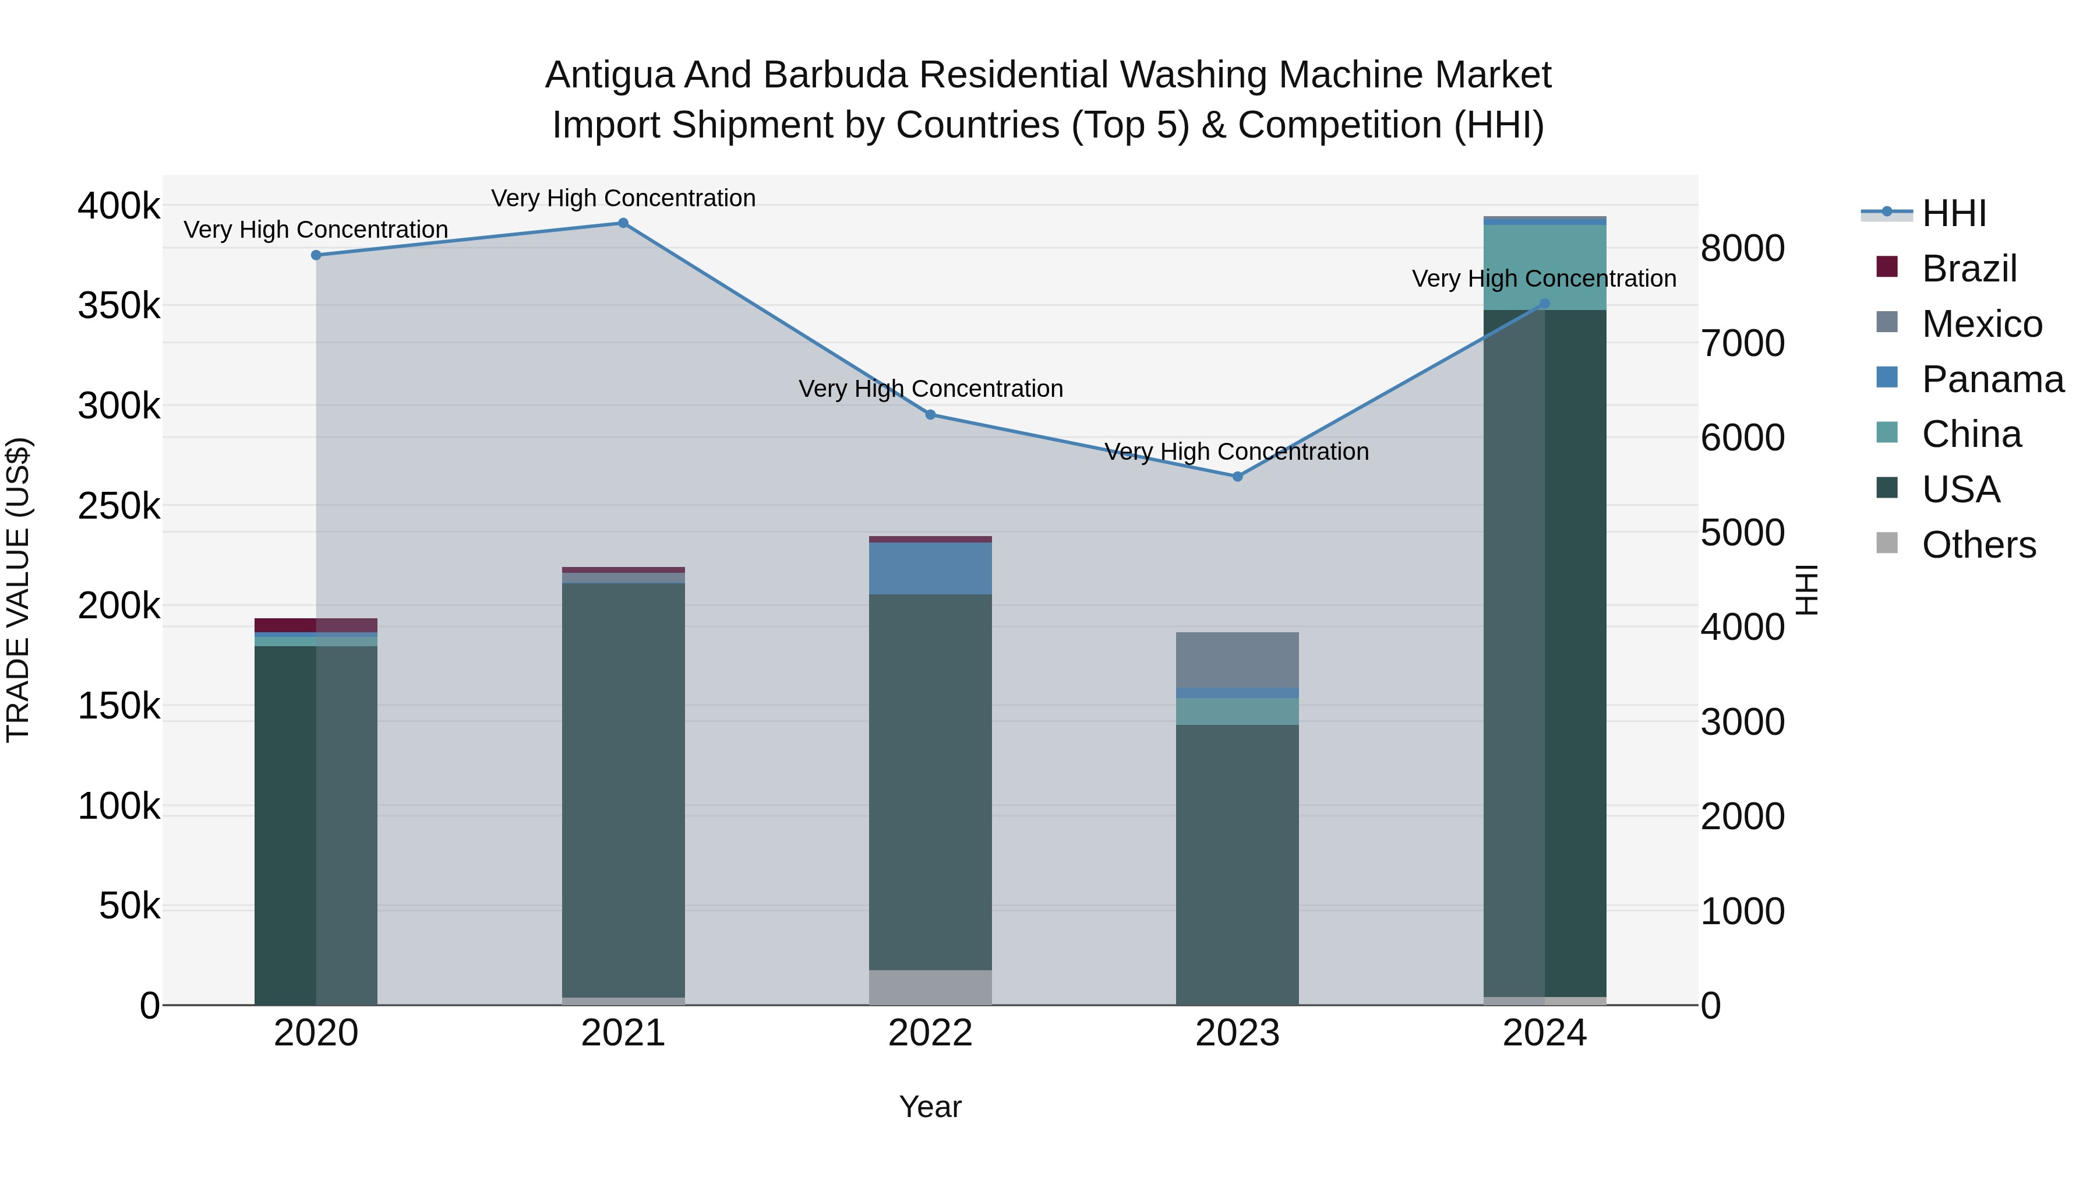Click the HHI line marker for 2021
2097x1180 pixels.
(x=623, y=223)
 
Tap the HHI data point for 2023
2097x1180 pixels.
(x=1237, y=477)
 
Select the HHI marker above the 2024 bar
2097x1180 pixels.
(x=1544, y=304)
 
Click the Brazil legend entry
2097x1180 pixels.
(x=1968, y=269)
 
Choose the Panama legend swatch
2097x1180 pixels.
(x=1886, y=378)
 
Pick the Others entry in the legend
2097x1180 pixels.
(x=1978, y=545)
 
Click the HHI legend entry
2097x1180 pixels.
(x=1954, y=213)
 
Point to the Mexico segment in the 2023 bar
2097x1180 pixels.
(x=1237, y=660)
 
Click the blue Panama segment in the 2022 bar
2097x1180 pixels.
(x=930, y=568)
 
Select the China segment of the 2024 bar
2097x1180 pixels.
(x=1544, y=267)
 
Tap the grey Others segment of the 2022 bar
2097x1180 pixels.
(x=930, y=987)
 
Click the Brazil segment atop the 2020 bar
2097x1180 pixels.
(x=316, y=625)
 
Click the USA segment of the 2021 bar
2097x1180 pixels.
(x=623, y=790)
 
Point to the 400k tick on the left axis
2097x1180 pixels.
(x=119, y=206)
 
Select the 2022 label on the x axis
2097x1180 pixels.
(x=930, y=1033)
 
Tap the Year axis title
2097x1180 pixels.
(x=930, y=1107)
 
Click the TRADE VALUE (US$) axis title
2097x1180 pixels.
(x=18, y=590)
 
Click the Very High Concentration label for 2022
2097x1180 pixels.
(x=930, y=389)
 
